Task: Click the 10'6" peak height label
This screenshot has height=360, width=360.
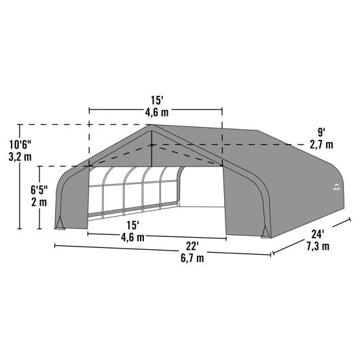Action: pos(20,145)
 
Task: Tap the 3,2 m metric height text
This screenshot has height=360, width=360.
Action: pos(20,157)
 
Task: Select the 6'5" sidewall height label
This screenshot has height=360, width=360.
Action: pos(39,190)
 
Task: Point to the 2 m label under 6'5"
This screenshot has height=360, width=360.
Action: pos(39,202)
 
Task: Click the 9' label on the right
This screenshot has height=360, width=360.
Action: pos(321,132)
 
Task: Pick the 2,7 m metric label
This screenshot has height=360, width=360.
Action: pos(321,145)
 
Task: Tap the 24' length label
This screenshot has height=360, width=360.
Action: pos(318,234)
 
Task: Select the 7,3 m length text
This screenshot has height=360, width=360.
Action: pos(318,247)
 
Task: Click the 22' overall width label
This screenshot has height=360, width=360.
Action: pos(192,247)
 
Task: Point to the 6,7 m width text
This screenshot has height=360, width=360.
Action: pos(192,258)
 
